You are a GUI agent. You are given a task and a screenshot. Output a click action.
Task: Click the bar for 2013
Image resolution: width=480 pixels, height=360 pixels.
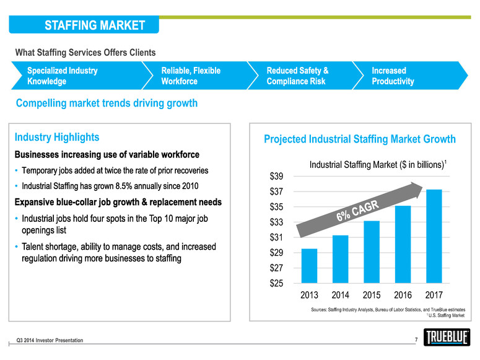tap(309, 265)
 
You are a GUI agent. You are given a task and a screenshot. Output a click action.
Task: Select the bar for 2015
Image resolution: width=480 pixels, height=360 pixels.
tap(372, 252)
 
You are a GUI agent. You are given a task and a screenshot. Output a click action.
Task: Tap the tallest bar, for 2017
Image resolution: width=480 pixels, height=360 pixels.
tap(434, 235)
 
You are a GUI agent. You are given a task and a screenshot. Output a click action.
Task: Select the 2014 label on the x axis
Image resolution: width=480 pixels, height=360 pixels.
tap(341, 295)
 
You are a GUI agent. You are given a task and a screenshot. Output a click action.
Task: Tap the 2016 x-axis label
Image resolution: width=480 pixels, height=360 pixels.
tap(403, 295)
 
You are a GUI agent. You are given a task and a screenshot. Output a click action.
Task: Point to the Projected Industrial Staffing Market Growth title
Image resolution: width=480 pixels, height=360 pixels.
tap(360, 139)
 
